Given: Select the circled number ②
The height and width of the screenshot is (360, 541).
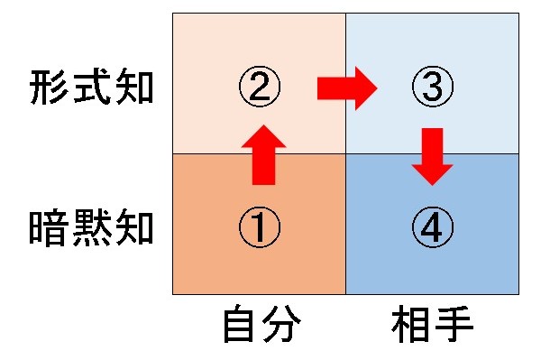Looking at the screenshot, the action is (260, 88).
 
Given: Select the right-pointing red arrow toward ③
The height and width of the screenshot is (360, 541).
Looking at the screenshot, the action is (347, 88).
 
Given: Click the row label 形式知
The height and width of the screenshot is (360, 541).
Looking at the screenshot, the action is (92, 88).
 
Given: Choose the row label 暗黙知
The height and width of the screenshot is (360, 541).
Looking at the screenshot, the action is (92, 228).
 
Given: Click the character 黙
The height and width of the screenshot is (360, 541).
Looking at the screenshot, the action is (92, 228).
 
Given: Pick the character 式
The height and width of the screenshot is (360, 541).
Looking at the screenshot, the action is (92, 88).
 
